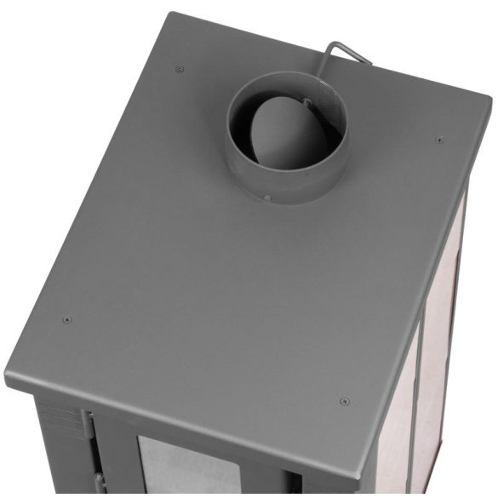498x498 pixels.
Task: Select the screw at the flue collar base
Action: point(267,197)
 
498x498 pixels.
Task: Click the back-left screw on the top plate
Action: point(178,69)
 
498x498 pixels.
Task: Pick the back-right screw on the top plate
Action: point(438,140)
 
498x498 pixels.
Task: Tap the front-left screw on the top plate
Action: point(67,320)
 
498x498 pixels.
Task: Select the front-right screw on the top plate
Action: point(343,401)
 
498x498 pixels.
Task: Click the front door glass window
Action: point(187,468)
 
